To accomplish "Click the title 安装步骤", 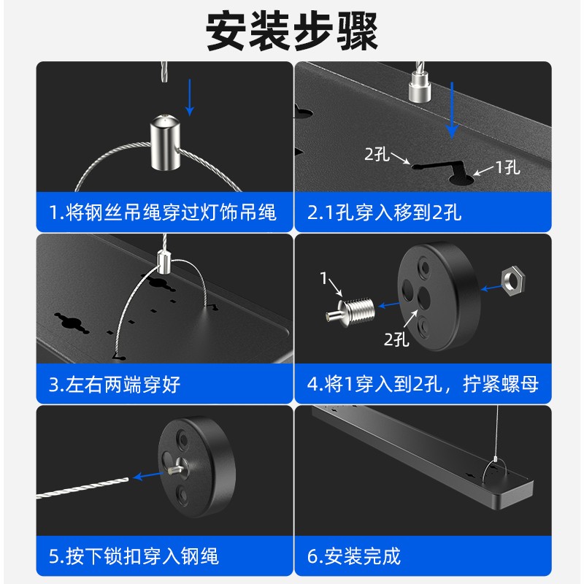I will tap(292, 31).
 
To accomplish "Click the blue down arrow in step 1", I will tap(191, 96).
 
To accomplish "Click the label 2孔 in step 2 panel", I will tap(377, 154).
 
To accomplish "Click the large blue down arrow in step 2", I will tap(453, 109).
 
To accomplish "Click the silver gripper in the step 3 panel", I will tap(164, 261).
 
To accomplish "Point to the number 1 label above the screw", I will tap(324, 277).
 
